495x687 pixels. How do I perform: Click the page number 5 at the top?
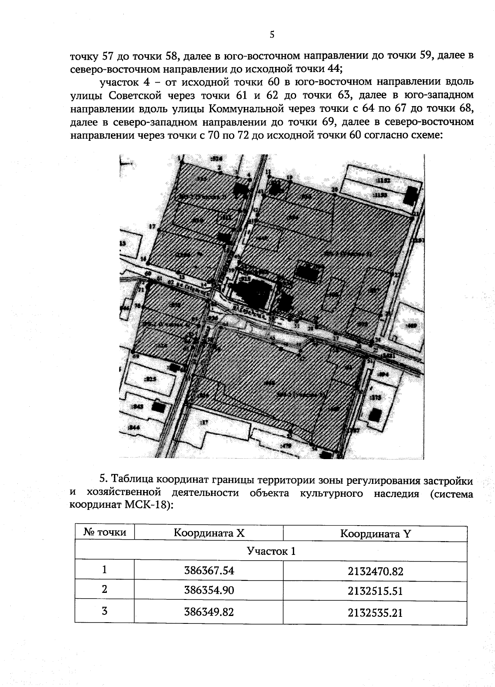(x=272, y=35)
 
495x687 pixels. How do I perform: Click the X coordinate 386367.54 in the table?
(x=209, y=571)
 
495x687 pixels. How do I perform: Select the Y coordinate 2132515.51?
(x=375, y=591)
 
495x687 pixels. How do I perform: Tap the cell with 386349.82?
(x=209, y=611)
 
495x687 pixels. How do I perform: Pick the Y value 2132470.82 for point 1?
(x=375, y=571)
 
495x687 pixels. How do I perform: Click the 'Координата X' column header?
(x=209, y=533)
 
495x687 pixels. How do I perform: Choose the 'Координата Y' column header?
(x=375, y=533)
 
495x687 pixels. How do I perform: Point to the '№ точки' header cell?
(x=105, y=532)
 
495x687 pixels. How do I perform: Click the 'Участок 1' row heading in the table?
(x=271, y=551)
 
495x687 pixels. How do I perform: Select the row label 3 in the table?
(x=105, y=611)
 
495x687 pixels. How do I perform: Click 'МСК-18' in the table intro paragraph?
(x=146, y=505)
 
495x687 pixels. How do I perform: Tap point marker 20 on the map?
(x=335, y=190)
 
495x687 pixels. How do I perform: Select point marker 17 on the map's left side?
(x=152, y=226)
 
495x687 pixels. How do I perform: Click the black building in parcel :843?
(x=158, y=407)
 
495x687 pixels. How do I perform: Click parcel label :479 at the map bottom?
(x=286, y=445)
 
